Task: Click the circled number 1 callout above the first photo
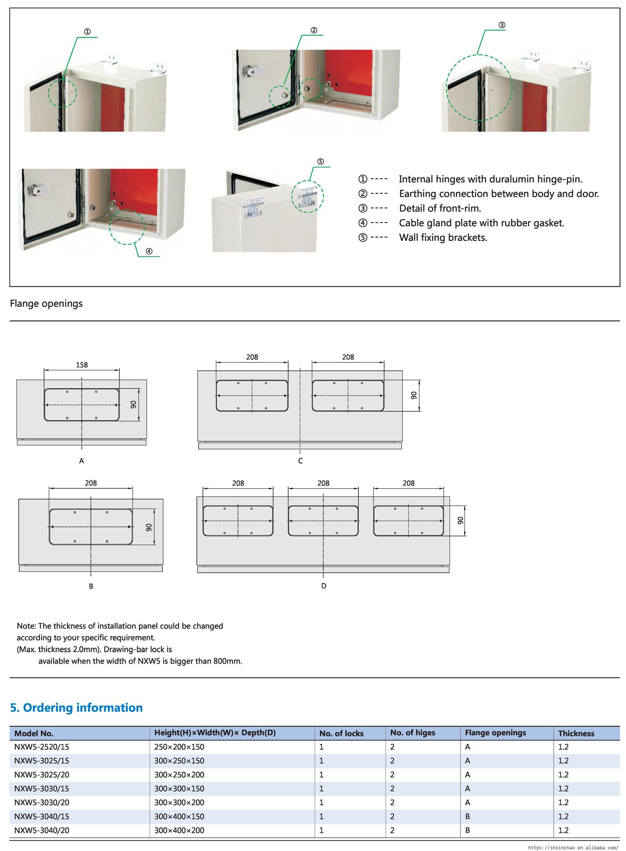point(88,32)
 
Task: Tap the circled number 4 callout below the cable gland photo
point(149,251)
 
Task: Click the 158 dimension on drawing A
point(81,365)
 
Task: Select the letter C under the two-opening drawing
point(300,461)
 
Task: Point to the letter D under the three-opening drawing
point(324,586)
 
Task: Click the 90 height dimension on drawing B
point(149,527)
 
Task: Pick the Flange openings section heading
point(46,303)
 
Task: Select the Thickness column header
point(576,734)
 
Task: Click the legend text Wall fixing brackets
point(443,238)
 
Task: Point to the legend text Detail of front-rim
point(440,208)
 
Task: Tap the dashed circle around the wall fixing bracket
point(308,196)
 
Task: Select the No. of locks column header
point(341,734)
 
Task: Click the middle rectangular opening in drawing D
point(323,521)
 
